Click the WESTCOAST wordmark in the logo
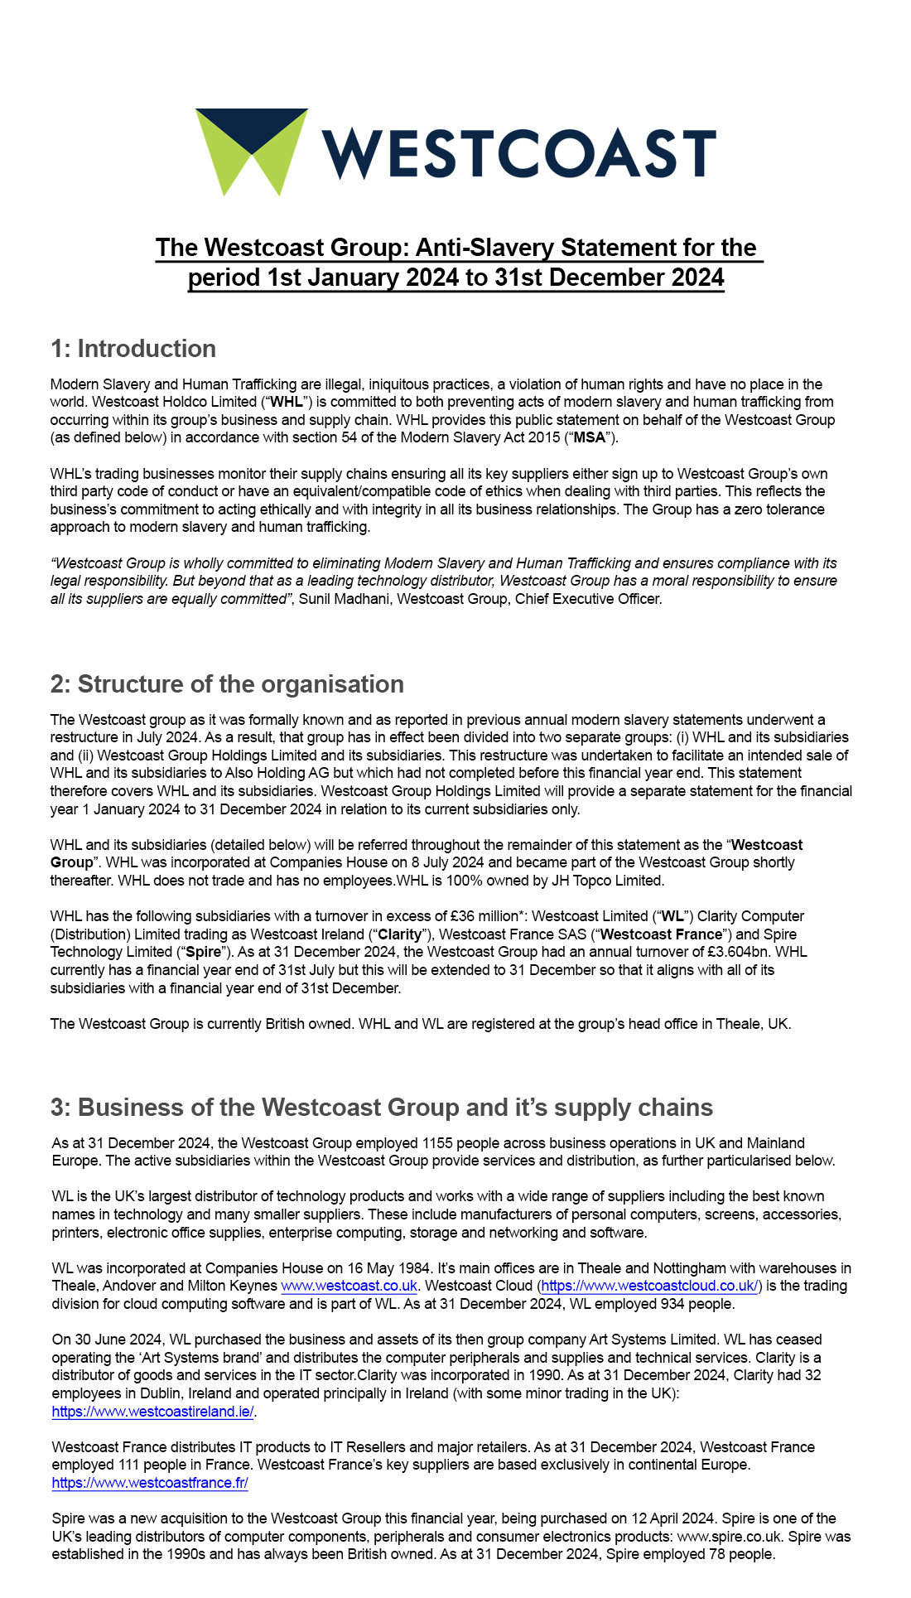pyautogui.click(x=518, y=154)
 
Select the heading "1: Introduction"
pyautogui.click(x=133, y=349)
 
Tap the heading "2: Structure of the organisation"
pyautogui.click(x=227, y=684)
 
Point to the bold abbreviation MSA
pyautogui.click(x=590, y=437)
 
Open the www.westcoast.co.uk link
pyautogui.click(x=349, y=1286)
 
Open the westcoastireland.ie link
pyautogui.click(x=152, y=1412)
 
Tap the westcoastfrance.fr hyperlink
pyautogui.click(x=150, y=1483)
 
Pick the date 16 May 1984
pyautogui.click(x=383, y=1268)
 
